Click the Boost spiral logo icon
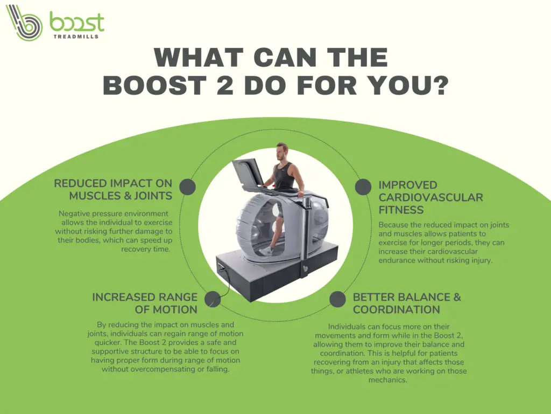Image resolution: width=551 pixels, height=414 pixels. coord(24,22)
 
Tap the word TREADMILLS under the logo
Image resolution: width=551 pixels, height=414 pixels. coord(76,36)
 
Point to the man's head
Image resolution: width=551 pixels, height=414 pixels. coord(281,151)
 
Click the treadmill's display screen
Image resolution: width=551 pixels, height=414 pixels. coord(247,174)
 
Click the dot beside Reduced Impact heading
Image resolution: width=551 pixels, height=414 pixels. coord(187,187)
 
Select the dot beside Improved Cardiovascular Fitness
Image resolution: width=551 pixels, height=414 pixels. coord(363,187)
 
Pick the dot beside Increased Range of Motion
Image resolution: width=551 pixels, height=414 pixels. coord(213,299)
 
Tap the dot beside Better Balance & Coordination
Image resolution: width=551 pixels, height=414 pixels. coord(338,299)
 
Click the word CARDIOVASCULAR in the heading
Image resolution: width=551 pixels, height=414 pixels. coord(431,197)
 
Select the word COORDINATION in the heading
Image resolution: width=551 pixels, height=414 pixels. coord(397,309)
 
